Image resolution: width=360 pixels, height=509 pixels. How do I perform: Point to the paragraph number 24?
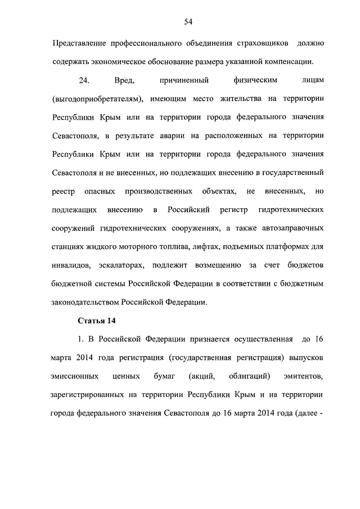pyautogui.click(x=84, y=82)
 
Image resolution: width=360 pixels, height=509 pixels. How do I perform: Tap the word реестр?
pyautogui.click(x=64, y=192)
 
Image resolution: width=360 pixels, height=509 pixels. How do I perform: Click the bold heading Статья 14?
pyautogui.click(x=95, y=321)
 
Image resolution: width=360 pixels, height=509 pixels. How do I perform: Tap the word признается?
pyautogui.click(x=211, y=339)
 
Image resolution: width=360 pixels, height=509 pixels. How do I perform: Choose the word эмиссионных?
pyautogui.click(x=76, y=376)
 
